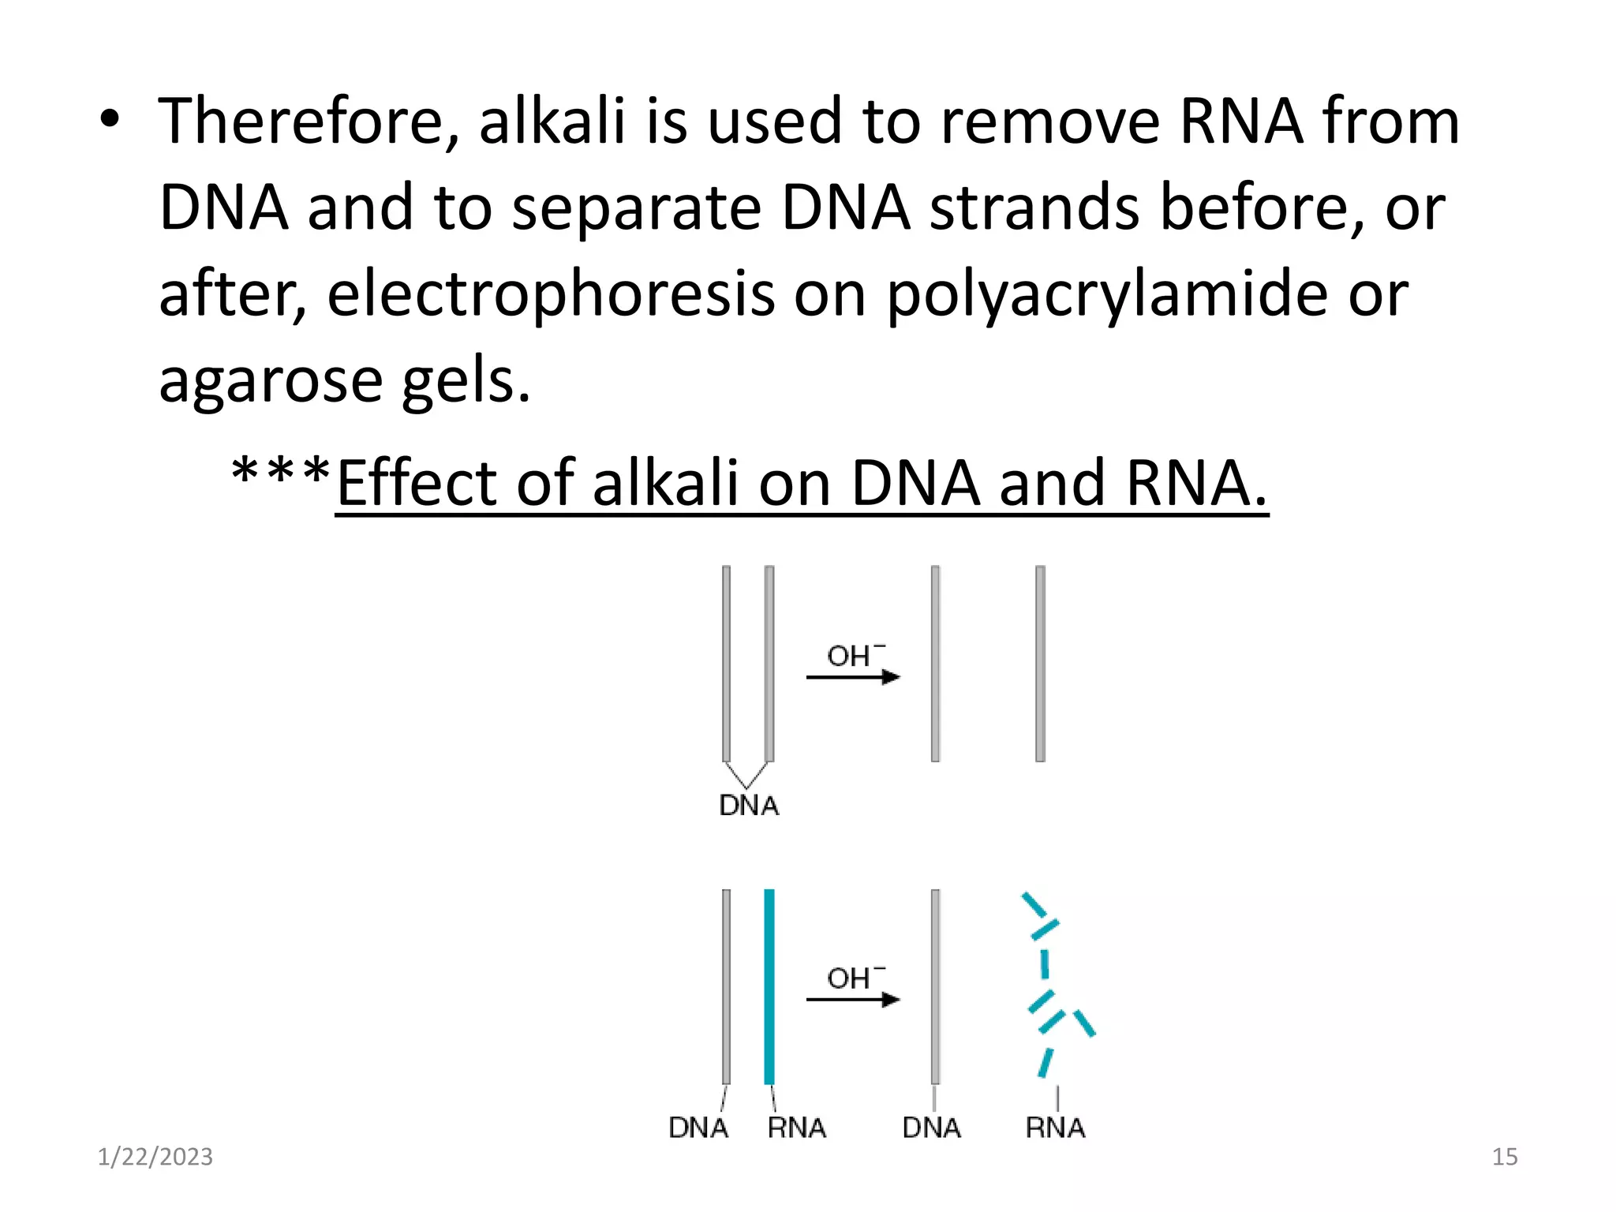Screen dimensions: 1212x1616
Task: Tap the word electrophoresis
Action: (x=550, y=294)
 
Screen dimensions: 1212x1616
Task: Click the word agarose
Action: (x=270, y=380)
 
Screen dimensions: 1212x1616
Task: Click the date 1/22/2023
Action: (x=155, y=1157)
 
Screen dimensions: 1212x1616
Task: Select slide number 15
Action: (x=1505, y=1157)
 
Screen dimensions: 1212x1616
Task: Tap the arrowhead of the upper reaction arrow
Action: (x=892, y=677)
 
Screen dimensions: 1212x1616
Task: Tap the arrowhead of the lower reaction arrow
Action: (x=892, y=1000)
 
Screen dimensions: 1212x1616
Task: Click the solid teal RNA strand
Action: (x=769, y=986)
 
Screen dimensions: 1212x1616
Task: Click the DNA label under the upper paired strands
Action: (x=749, y=806)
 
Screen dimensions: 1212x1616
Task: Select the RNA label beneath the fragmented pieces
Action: (x=1055, y=1128)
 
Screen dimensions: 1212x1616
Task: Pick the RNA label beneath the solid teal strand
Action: (x=796, y=1128)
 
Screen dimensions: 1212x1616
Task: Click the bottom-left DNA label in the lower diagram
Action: (x=698, y=1128)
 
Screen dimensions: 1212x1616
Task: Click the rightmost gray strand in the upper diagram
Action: (x=1040, y=663)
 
